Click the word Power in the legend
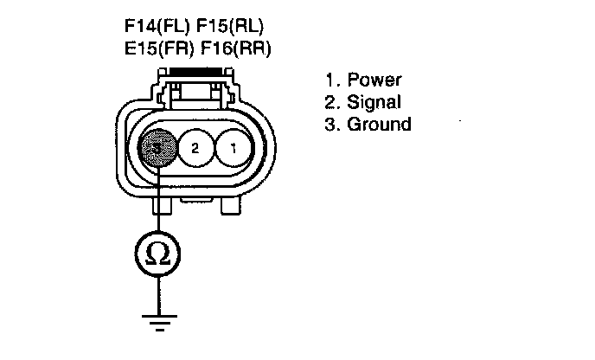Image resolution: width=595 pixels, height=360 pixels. point(374,80)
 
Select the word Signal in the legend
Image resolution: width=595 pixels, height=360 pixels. point(374,102)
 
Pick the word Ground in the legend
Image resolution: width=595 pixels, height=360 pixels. point(379,124)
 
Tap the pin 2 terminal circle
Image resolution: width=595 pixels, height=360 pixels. point(195,148)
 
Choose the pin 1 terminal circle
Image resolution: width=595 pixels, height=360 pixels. point(232,148)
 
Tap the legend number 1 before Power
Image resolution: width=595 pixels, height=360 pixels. point(330,80)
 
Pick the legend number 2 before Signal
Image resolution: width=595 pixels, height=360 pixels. point(330,102)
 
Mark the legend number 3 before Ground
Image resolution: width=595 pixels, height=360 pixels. point(330,124)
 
